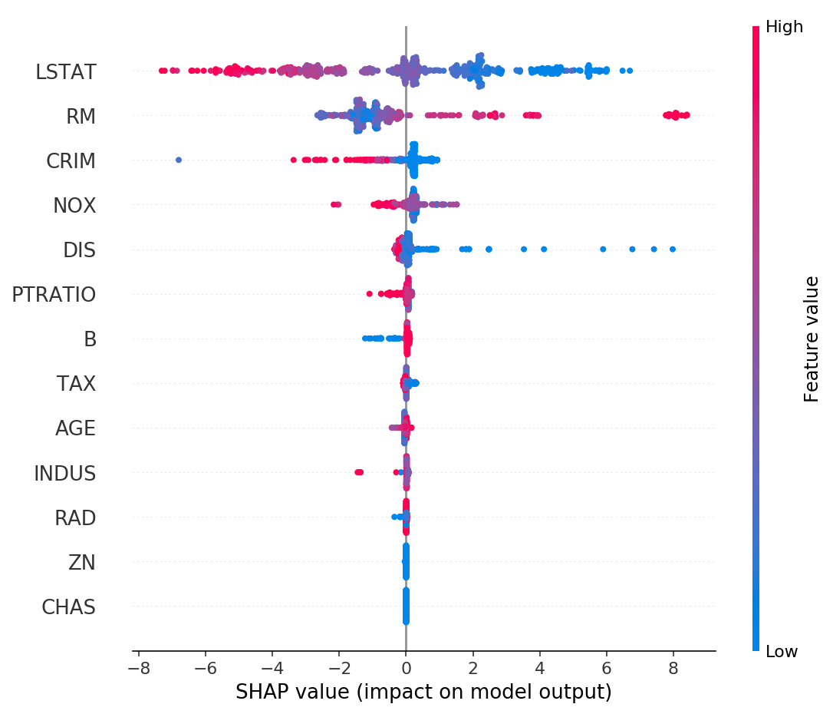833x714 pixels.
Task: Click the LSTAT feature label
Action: (66, 72)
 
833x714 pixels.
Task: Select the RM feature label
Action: (81, 117)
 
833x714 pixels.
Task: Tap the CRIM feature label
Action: (71, 161)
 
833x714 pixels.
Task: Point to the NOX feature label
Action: (74, 206)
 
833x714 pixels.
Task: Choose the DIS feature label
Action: (80, 250)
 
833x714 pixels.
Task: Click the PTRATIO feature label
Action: (54, 295)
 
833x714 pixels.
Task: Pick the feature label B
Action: (91, 339)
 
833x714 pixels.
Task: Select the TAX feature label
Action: (77, 384)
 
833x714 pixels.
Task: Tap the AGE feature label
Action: (76, 428)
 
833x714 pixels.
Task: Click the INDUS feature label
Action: (65, 474)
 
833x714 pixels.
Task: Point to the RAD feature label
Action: (75, 518)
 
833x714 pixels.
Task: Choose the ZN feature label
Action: (82, 563)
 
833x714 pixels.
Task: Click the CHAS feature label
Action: (69, 607)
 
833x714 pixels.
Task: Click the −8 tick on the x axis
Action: (138, 669)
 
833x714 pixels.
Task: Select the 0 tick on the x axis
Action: (406, 669)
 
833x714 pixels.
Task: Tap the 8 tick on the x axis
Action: (673, 669)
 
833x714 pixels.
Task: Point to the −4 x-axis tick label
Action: (272, 669)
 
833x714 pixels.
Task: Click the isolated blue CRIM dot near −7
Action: (179, 160)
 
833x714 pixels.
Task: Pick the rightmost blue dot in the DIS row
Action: (673, 249)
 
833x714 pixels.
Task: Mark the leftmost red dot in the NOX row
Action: (333, 204)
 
